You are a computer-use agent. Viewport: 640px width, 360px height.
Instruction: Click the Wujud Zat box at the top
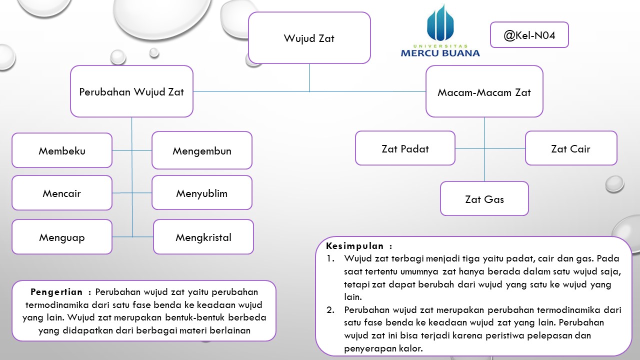point(309,38)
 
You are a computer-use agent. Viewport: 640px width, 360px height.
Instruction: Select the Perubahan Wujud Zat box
point(131,91)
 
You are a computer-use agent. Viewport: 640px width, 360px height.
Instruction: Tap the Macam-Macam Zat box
point(484,92)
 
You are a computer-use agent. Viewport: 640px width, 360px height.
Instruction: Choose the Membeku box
point(62,150)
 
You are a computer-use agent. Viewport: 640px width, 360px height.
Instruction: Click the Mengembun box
point(202,150)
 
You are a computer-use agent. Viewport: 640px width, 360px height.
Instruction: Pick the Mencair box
point(62,193)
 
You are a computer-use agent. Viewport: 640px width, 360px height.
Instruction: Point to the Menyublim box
point(202,193)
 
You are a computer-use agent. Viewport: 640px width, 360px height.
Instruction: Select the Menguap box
point(62,237)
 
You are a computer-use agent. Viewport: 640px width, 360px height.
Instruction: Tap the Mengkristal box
point(203,237)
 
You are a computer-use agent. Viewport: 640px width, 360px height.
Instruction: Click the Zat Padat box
point(405,148)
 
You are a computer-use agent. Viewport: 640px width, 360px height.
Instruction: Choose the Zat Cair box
point(570,148)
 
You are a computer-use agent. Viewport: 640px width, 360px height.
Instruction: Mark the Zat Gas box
point(484,199)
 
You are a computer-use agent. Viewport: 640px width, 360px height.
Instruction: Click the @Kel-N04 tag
point(529,35)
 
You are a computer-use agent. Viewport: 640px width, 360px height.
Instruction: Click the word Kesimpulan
point(355,246)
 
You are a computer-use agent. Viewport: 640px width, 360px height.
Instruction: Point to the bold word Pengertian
point(56,292)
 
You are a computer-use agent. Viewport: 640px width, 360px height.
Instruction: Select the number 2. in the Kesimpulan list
point(331,310)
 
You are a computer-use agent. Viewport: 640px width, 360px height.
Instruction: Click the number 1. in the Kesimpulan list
point(330,259)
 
